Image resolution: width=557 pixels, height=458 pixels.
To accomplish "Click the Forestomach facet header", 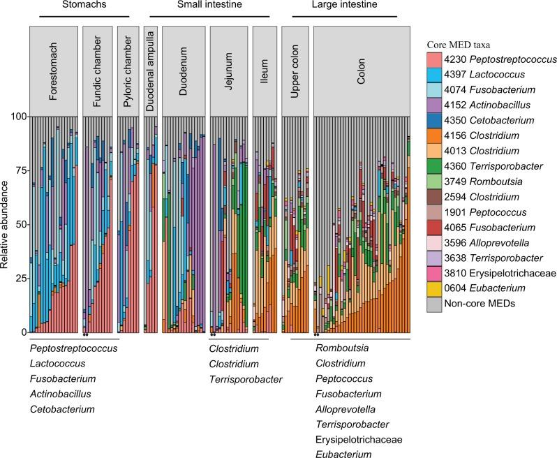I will [54, 71].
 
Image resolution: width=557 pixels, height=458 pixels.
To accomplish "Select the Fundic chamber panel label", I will [98, 71].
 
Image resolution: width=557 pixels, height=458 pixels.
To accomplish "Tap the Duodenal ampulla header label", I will [151, 71].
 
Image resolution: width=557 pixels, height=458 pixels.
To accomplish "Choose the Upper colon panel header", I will [295, 71].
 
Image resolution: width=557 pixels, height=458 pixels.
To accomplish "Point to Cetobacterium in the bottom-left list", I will [63, 409].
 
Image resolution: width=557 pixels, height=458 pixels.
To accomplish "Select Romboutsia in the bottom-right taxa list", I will [343, 348].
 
